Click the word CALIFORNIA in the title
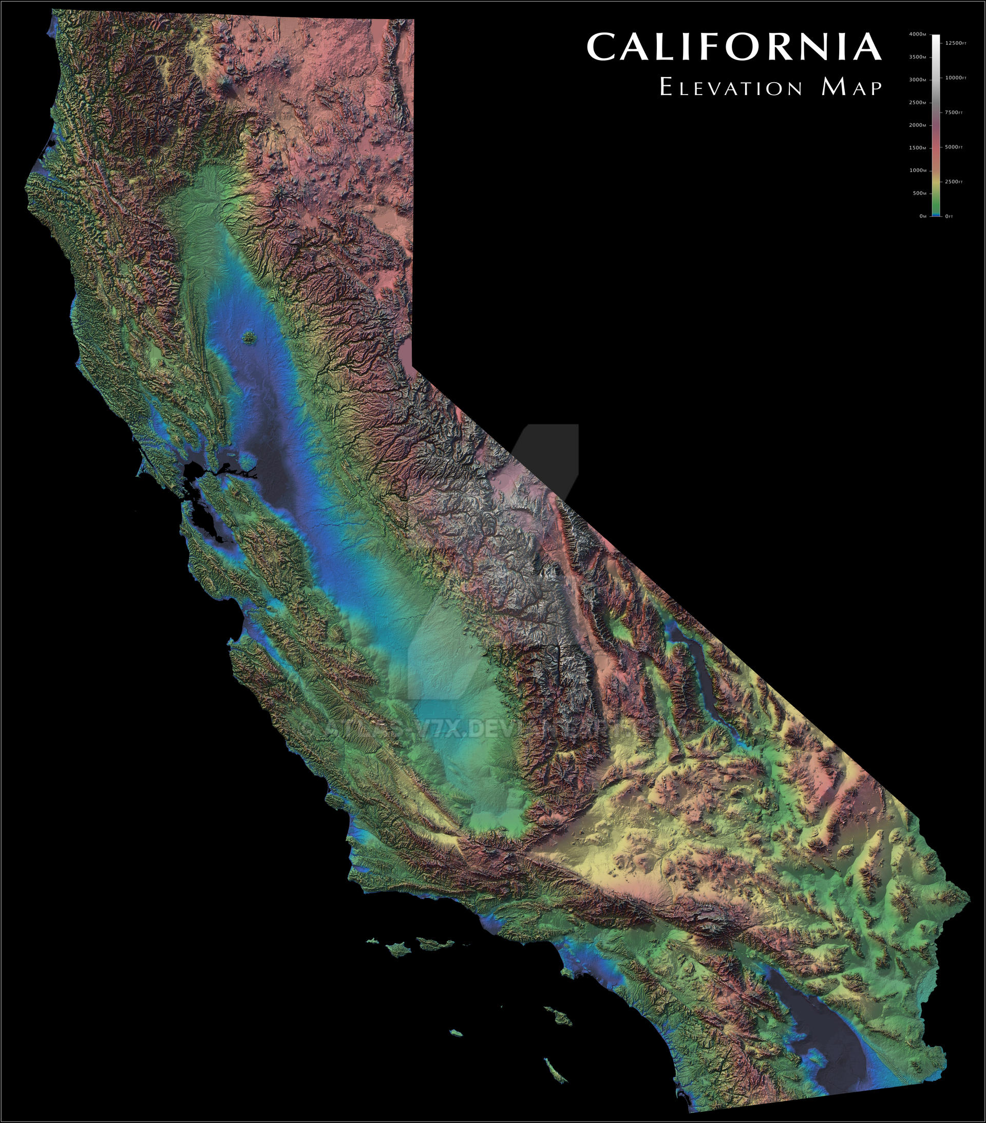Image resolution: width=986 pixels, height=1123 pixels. tap(734, 47)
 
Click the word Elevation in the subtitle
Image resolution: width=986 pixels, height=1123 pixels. tap(731, 88)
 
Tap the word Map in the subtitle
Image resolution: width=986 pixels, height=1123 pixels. tap(851, 88)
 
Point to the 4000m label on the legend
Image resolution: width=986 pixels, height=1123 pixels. tap(917, 34)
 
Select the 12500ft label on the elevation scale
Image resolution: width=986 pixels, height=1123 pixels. tap(955, 43)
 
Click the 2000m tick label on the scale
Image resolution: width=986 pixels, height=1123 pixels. tap(917, 125)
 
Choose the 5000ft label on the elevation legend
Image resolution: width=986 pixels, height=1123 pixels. tap(954, 147)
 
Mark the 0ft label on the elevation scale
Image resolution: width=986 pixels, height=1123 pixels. tap(949, 216)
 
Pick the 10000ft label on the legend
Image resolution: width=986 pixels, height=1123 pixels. tap(955, 78)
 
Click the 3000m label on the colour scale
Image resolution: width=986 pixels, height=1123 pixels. tap(917, 80)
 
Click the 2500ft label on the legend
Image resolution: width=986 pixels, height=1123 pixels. tap(954, 182)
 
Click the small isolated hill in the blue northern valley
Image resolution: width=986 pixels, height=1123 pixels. tap(250, 337)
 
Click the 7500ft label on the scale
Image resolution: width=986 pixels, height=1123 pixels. tap(954, 113)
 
